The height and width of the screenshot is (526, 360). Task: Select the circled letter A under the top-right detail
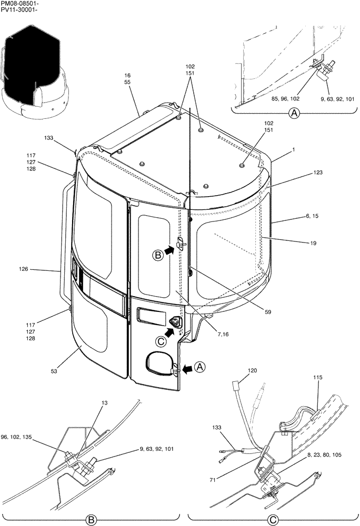coord(294,113)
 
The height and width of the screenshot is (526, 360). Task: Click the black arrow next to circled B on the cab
coord(169,252)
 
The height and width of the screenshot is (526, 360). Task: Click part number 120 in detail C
coord(253,370)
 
